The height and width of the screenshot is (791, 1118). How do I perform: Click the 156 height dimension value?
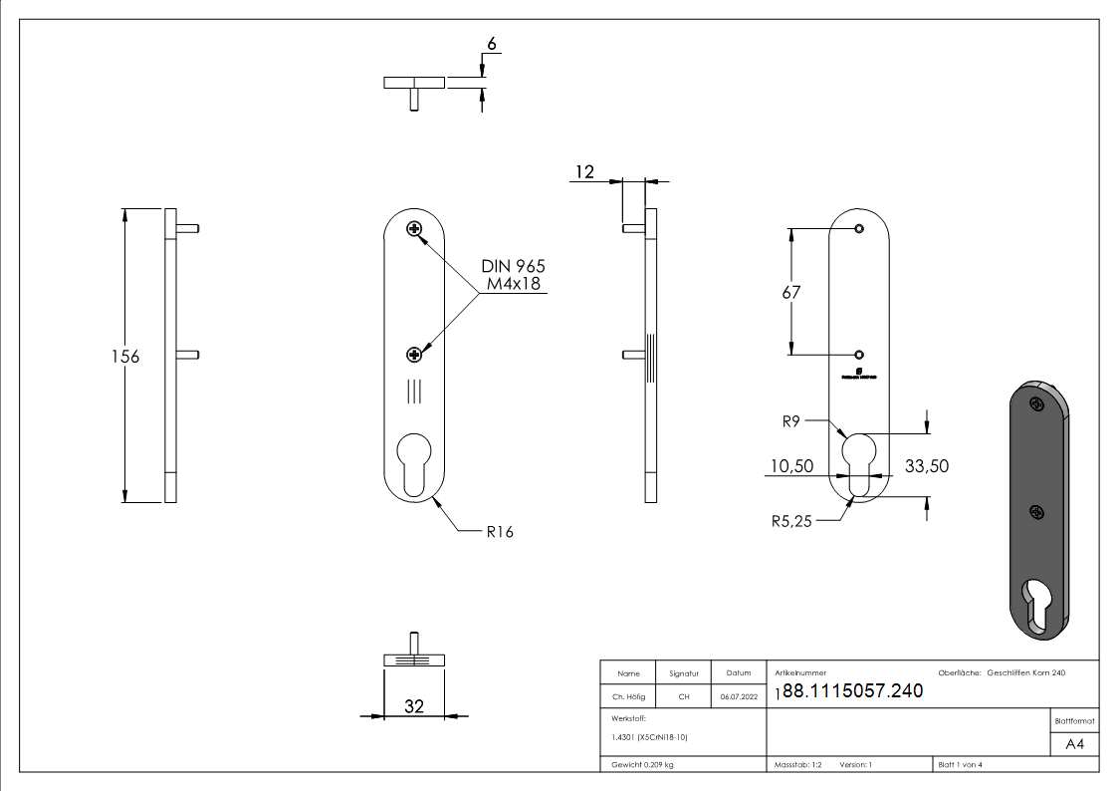124,357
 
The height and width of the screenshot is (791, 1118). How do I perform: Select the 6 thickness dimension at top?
491,45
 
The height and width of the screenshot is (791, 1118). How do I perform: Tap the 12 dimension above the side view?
583,172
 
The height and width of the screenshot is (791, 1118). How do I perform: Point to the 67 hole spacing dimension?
791,293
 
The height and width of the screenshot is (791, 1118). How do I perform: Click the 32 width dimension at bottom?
414,706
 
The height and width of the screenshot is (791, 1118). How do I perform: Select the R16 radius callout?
500,532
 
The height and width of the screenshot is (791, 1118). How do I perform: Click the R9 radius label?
791,421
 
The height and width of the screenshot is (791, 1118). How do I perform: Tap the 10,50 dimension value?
791,465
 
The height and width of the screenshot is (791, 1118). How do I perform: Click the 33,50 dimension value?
926,465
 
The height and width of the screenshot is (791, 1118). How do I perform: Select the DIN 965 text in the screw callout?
513,267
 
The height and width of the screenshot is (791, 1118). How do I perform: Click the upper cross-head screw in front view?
414,230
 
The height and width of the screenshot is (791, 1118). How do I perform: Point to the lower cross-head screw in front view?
414,354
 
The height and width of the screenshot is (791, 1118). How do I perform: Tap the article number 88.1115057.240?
853,691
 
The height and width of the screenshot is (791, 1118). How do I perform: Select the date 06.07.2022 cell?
738,697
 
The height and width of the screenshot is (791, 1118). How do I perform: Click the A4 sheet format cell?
1075,744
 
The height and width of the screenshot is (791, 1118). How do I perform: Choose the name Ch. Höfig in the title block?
628,697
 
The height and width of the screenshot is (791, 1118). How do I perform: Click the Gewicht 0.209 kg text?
643,764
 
